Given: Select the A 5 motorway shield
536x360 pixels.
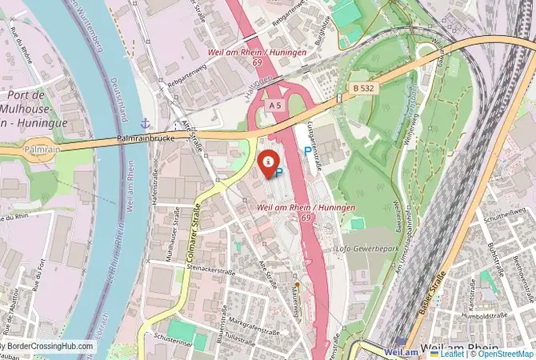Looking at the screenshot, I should [x=275, y=105].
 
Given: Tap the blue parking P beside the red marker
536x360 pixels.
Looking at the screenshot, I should [x=279, y=170].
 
